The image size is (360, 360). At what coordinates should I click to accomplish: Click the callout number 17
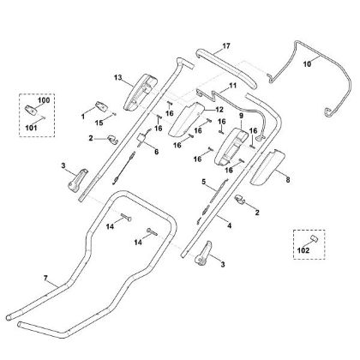coord(226,46)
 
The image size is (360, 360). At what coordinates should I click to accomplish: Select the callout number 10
coord(307,64)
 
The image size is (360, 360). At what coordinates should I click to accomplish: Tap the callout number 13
coord(118,77)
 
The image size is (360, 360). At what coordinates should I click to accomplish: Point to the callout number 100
coord(44,100)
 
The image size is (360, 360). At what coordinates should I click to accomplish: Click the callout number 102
coord(303,250)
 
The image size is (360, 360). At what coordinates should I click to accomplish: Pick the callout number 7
coord(45,278)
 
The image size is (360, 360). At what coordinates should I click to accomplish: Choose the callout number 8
coord(288,180)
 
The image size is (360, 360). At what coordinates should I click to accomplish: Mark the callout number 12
coord(219,110)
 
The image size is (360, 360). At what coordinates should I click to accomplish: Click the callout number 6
coord(156,152)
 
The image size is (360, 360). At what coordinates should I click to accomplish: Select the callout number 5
coord(204,182)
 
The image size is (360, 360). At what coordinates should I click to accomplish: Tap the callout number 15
coord(99,123)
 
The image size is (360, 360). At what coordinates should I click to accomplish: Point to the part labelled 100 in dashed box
coord(31,110)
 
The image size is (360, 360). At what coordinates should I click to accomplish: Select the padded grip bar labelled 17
coord(229,69)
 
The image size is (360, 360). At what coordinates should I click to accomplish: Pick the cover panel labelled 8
coord(267,166)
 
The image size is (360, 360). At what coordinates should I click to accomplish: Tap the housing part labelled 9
coord(231,147)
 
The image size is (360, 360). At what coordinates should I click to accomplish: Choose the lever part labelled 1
coord(101,106)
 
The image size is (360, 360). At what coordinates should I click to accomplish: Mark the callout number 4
coord(229,225)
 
